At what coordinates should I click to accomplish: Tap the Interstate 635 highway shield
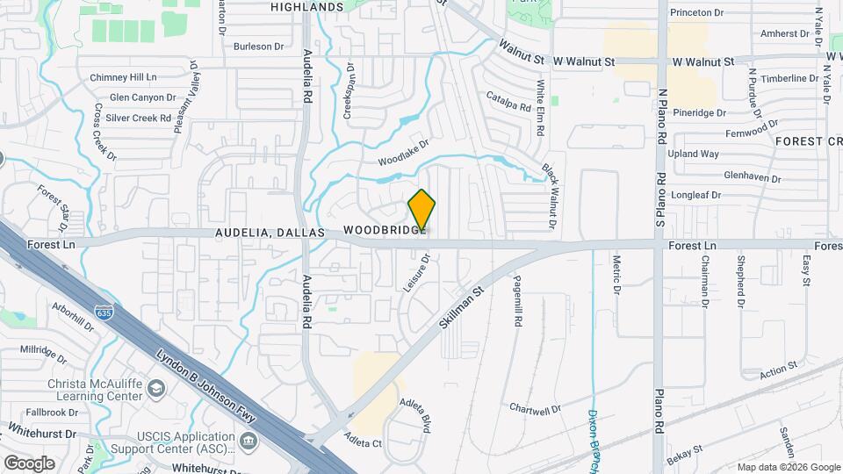[x=103, y=311]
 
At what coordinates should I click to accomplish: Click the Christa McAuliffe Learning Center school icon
[x=156, y=388]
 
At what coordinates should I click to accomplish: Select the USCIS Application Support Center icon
[x=249, y=439]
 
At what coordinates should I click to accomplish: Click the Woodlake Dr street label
[x=403, y=154]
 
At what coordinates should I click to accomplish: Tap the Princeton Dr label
[x=696, y=13]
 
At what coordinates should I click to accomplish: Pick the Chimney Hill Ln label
[x=128, y=77]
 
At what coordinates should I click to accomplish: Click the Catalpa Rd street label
[x=508, y=102]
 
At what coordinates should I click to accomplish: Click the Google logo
[x=29, y=463]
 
